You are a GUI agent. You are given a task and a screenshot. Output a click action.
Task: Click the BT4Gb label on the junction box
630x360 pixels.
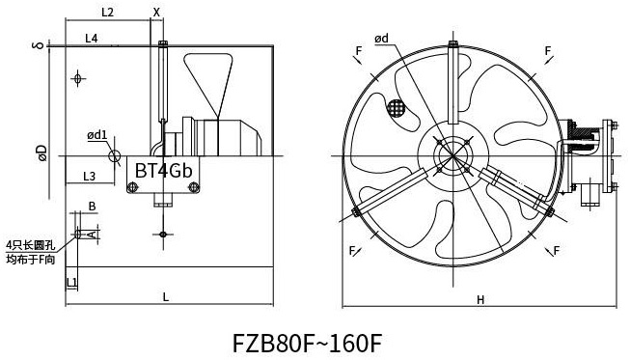point(163,171)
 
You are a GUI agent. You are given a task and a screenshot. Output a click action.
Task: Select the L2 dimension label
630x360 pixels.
point(107,13)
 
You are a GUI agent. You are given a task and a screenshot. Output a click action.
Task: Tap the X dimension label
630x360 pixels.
point(156,13)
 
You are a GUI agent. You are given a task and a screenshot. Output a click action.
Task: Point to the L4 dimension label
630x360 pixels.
point(92,39)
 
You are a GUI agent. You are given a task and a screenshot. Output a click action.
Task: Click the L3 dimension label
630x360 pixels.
point(89,176)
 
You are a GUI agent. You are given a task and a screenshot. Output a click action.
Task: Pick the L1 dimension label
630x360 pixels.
point(71,282)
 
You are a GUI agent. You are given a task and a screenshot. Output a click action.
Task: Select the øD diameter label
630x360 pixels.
point(41,153)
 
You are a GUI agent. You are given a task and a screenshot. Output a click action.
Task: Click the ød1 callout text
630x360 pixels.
point(97,135)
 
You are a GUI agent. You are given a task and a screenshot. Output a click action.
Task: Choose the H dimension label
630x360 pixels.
point(480,299)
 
